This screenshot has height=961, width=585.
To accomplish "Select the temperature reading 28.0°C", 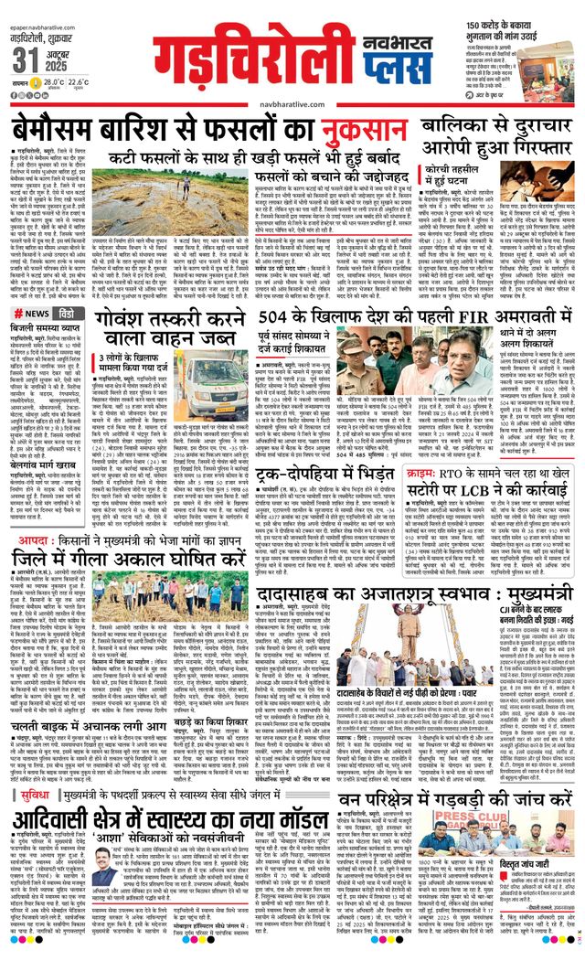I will [x=42, y=82].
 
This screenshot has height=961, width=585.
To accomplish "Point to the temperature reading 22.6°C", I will [x=78, y=82].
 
